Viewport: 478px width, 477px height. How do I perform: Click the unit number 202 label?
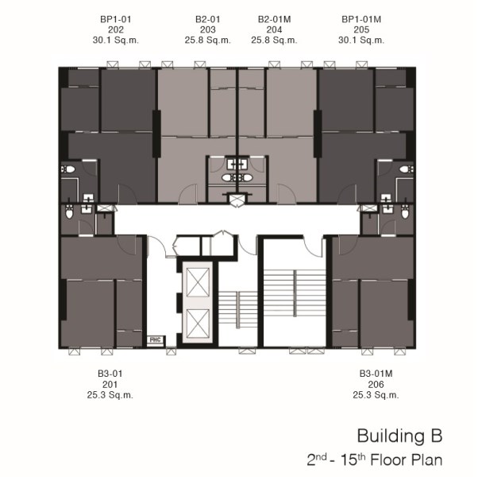(116, 29)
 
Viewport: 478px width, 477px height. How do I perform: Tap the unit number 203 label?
(207, 29)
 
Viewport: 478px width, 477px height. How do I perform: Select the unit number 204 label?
(274, 29)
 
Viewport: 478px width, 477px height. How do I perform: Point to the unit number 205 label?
(361, 29)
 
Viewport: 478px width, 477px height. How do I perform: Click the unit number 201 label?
(110, 384)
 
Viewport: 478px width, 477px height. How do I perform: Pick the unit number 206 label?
(376, 384)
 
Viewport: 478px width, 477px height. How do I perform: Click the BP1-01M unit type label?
(361, 19)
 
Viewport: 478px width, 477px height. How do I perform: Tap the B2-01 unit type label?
(207, 19)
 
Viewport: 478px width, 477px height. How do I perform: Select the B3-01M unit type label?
(376, 374)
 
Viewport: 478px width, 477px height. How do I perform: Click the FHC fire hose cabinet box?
(156, 339)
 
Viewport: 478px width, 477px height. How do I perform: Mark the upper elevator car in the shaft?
(198, 282)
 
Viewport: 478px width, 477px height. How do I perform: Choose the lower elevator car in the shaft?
(198, 324)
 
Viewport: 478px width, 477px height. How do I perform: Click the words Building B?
(399, 436)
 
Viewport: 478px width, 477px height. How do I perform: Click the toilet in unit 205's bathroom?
(407, 169)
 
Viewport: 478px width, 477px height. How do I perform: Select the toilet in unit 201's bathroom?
(70, 211)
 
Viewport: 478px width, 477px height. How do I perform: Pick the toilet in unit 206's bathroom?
(405, 211)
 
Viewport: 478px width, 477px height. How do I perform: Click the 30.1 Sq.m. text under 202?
(116, 40)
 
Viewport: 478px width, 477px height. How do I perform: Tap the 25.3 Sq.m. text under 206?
(376, 395)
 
